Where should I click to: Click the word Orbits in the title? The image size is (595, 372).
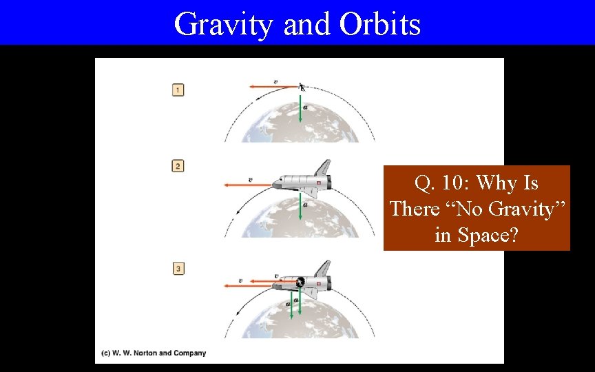pyautogui.click(x=379, y=24)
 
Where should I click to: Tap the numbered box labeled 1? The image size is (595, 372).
pyautogui.click(x=178, y=90)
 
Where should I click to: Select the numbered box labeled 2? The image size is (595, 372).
pyautogui.click(x=178, y=166)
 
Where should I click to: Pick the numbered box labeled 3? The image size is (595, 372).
pyautogui.click(x=178, y=269)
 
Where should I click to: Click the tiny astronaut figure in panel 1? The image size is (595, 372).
pyautogui.click(x=302, y=87)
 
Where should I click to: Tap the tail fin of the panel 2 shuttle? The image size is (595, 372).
pyautogui.click(x=322, y=167)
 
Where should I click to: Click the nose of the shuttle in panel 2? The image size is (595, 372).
pyautogui.click(x=276, y=184)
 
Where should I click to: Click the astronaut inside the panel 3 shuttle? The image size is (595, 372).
pyautogui.click(x=300, y=282)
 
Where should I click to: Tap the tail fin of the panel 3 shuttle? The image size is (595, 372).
pyautogui.click(x=322, y=268)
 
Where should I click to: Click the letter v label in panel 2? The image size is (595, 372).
pyautogui.click(x=250, y=180)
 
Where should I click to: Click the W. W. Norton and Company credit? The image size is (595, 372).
pyautogui.click(x=154, y=353)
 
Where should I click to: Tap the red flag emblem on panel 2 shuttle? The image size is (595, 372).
pyautogui.click(x=318, y=181)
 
